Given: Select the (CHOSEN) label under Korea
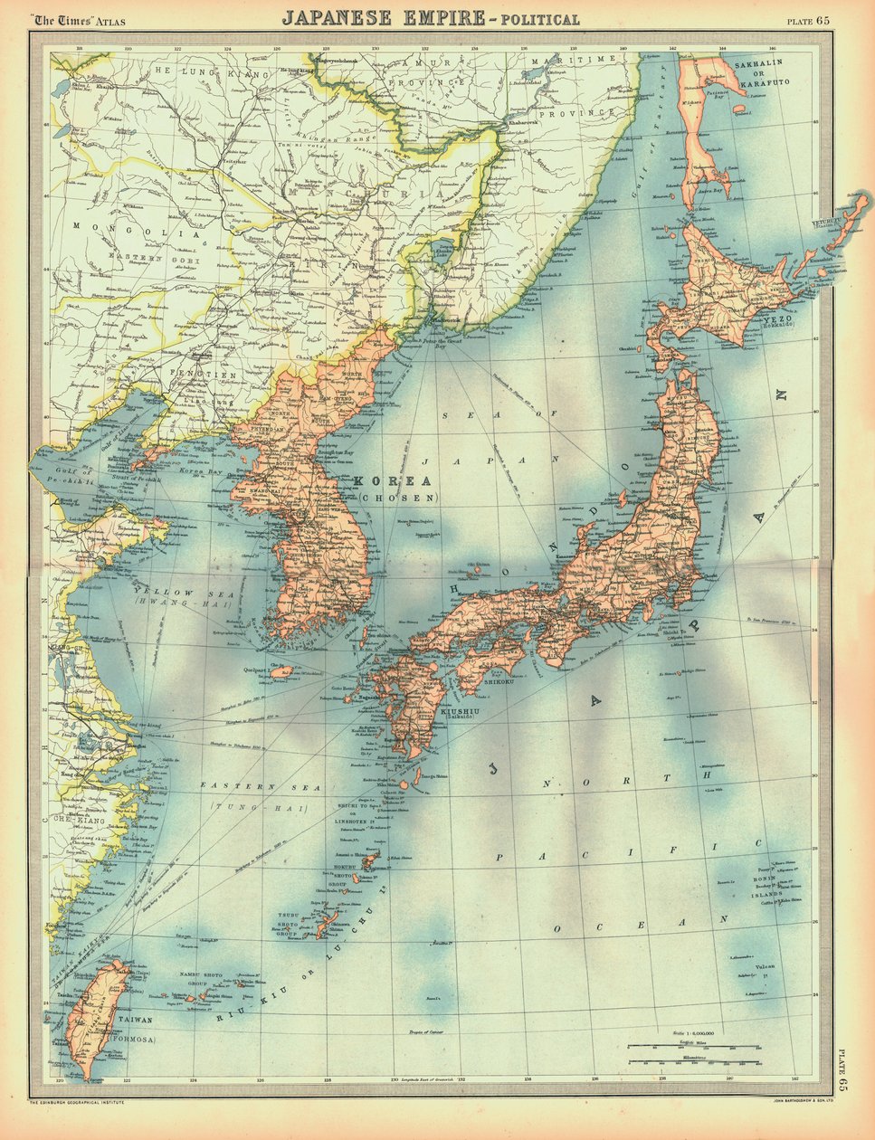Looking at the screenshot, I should click(x=398, y=498).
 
